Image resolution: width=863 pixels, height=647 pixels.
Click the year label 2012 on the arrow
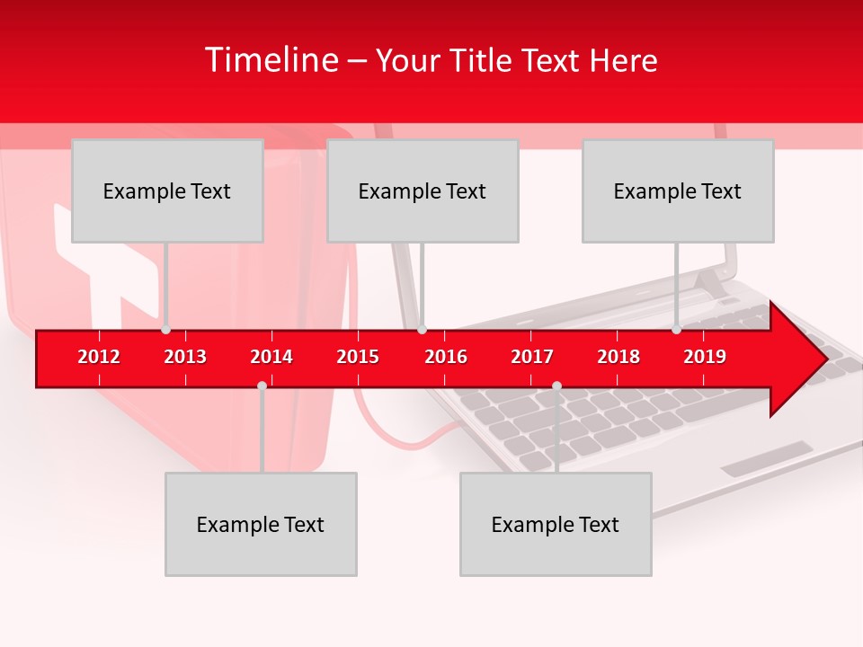click(99, 357)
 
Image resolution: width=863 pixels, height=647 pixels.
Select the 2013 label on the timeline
click(185, 357)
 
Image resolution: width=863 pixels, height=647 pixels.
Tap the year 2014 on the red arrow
click(271, 357)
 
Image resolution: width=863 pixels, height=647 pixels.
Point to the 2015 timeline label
click(358, 357)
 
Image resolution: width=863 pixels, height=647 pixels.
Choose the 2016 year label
click(446, 357)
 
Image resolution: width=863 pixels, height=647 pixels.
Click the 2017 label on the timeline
click(532, 357)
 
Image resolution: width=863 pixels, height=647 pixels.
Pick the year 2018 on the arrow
click(618, 357)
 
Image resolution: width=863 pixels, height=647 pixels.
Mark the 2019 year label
click(705, 357)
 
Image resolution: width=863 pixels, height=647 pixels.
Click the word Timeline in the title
click(271, 60)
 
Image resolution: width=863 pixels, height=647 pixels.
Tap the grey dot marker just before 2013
click(165, 330)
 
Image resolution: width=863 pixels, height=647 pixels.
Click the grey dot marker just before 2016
click(422, 330)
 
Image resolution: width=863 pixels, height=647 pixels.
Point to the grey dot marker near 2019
click(676, 330)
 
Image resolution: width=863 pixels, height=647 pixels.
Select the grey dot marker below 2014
click(262, 386)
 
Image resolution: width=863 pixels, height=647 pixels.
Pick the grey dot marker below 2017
click(556, 386)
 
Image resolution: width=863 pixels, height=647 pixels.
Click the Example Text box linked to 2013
click(167, 191)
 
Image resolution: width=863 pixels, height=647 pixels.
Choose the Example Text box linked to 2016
click(423, 191)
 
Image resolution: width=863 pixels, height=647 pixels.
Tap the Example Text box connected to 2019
click(678, 191)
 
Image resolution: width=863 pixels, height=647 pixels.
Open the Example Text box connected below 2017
click(556, 524)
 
